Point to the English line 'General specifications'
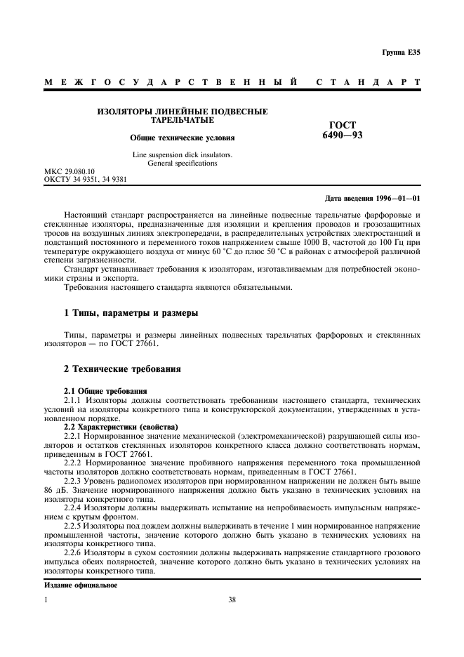183,163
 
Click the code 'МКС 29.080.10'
70,171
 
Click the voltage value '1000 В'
308,241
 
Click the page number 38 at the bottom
232,599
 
